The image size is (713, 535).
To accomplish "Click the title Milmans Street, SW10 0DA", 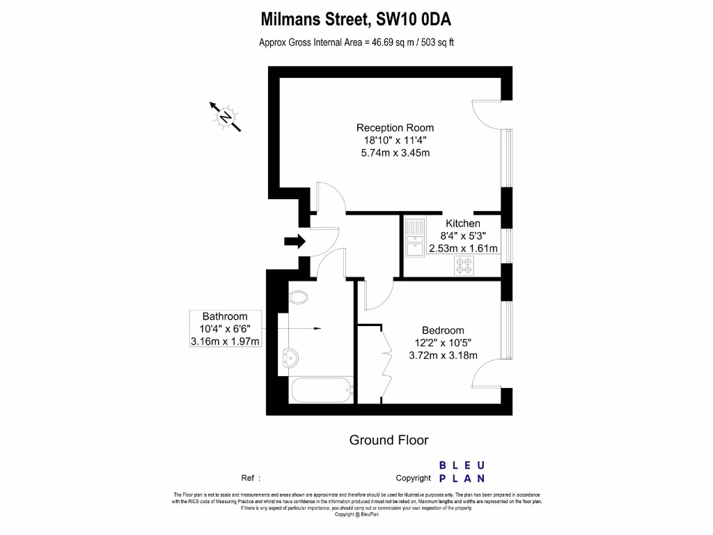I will click(x=356, y=17).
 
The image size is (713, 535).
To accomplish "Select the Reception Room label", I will click(x=395, y=127).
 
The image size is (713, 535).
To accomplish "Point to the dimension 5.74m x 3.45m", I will click(x=395, y=153).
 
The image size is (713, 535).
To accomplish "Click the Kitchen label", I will click(x=463, y=224).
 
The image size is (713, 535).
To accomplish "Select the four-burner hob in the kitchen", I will click(x=464, y=265).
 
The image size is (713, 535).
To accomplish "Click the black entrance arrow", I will click(x=295, y=242).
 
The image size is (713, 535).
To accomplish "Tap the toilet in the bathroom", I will click(x=297, y=297).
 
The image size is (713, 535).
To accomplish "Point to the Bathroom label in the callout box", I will click(x=225, y=316).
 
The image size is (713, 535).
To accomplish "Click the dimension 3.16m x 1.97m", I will click(x=225, y=341).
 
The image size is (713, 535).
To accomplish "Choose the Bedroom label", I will click(x=443, y=330).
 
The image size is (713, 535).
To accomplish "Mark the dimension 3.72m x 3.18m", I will click(x=443, y=355).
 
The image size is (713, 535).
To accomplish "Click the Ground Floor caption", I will click(x=389, y=440).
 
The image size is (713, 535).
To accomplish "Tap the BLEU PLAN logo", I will click(x=462, y=472).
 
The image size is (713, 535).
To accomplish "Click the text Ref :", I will click(x=251, y=478).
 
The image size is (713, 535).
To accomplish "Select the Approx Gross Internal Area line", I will click(x=356, y=42).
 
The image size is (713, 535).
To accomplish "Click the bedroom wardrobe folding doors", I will click(x=382, y=362).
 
